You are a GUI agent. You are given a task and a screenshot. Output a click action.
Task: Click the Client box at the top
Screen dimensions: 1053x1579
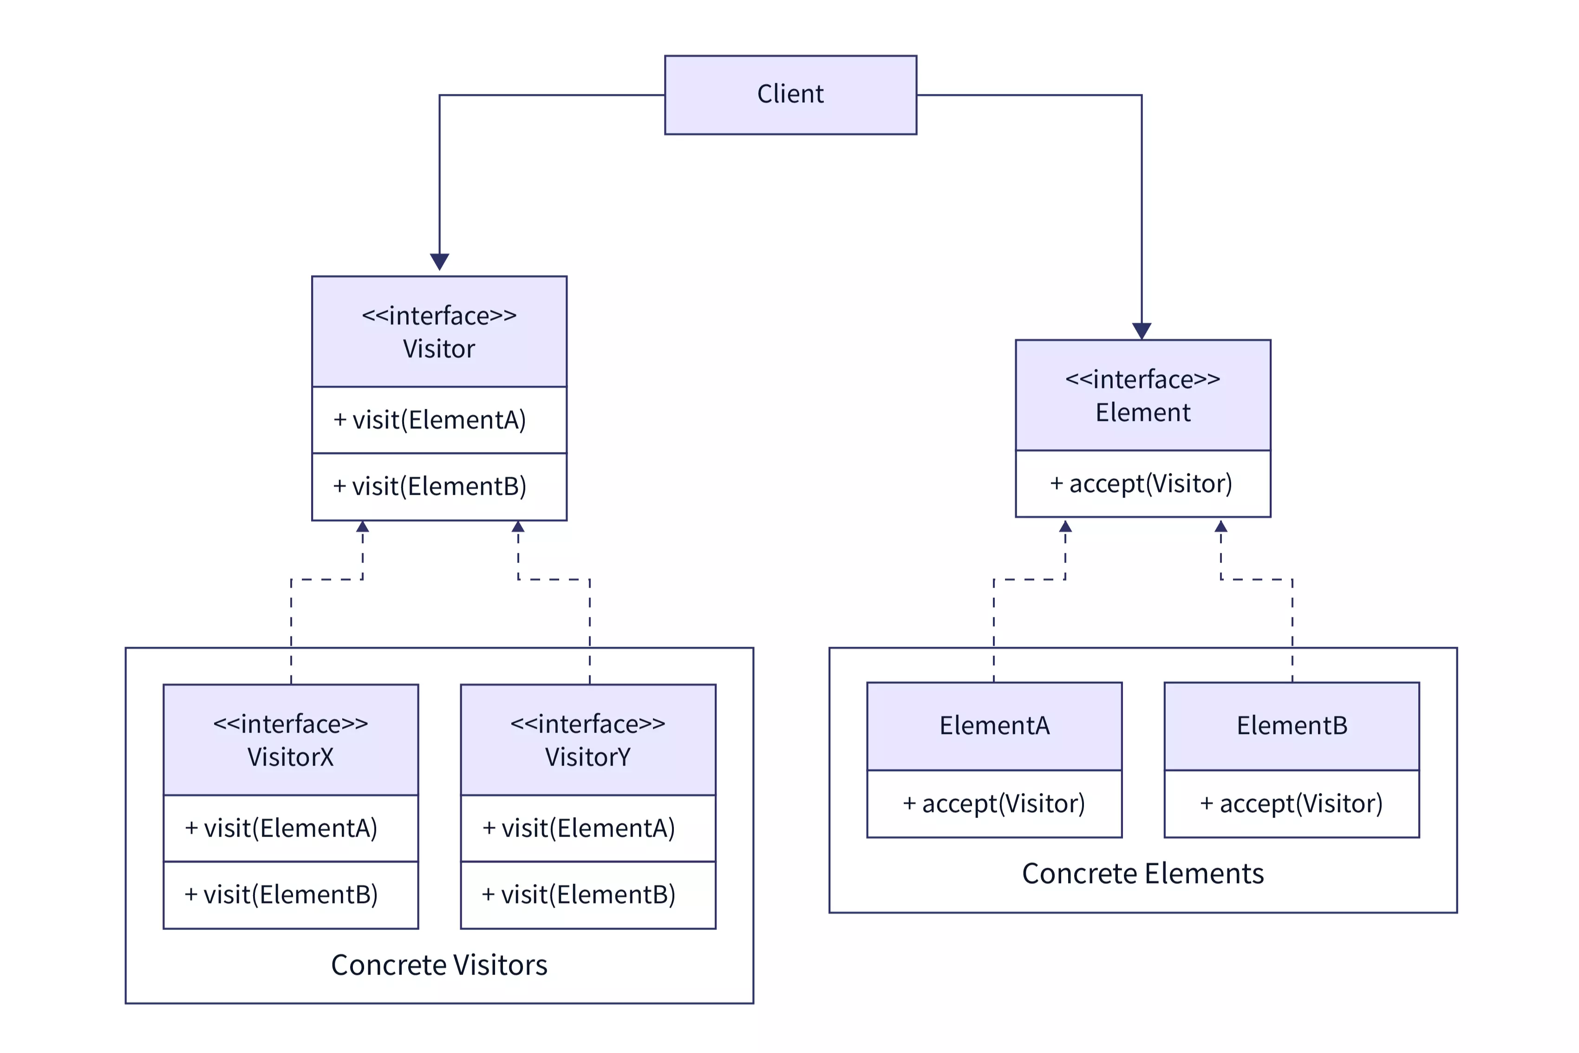pyautogui.click(x=790, y=95)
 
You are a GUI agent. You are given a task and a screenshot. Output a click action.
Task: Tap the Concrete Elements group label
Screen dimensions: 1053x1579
pyautogui.click(x=1142, y=874)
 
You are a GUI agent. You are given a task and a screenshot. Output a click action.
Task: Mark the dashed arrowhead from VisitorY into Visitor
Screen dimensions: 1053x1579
pyautogui.click(x=518, y=527)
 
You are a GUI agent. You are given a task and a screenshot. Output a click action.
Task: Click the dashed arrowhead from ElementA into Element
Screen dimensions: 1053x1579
pyautogui.click(x=1065, y=527)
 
